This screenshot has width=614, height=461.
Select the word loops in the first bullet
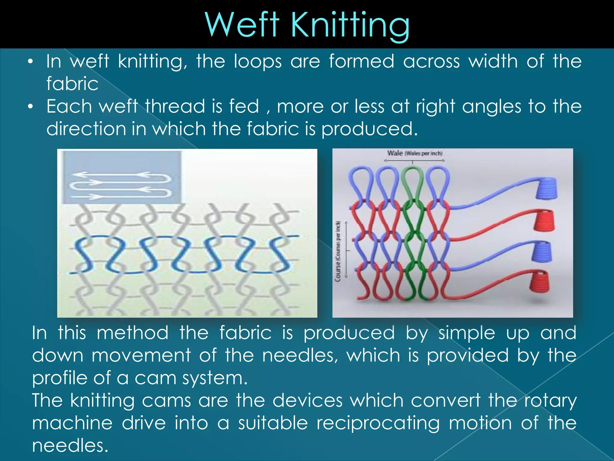(x=258, y=62)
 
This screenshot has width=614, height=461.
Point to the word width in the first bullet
(x=493, y=61)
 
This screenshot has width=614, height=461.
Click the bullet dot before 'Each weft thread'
(x=30, y=107)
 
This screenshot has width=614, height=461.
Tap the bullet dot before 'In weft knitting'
(x=30, y=62)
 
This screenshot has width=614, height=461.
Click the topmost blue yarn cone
(x=546, y=188)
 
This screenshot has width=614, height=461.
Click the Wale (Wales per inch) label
(x=415, y=153)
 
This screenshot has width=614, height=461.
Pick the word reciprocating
(x=378, y=423)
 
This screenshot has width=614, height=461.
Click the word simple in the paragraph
(x=466, y=333)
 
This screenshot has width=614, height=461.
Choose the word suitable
(x=273, y=423)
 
